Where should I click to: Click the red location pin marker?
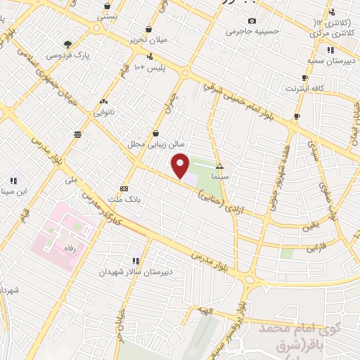(181, 165)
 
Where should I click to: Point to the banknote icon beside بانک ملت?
(124, 188)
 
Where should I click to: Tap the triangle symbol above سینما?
(220, 167)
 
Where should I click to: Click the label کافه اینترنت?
(303, 89)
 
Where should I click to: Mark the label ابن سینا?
(18, 190)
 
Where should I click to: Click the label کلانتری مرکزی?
(333, 33)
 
